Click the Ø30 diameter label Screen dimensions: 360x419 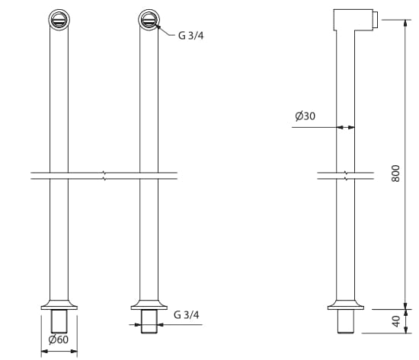(305, 116)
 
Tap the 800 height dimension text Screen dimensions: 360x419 (395, 174)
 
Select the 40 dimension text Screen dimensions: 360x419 (395, 321)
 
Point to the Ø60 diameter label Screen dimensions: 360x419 (59, 339)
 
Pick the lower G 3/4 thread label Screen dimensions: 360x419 (187, 314)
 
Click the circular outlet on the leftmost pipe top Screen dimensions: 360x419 (59, 19)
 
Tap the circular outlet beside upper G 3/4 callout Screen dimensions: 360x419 (149, 19)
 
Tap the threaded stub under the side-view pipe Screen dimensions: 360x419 (346, 322)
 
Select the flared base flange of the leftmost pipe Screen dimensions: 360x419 (59, 303)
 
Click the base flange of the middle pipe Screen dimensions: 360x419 (149, 303)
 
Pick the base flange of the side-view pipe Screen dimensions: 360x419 (346, 304)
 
